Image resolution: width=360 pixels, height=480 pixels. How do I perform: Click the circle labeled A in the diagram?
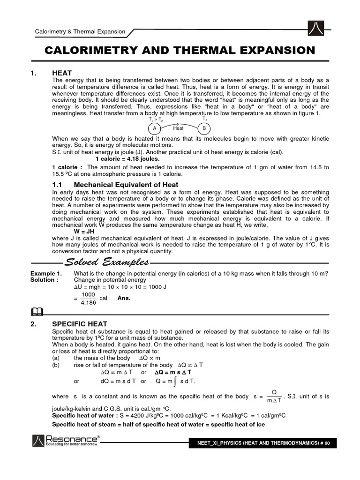tap(154, 128)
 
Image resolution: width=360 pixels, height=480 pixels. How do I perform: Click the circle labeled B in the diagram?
tap(204, 128)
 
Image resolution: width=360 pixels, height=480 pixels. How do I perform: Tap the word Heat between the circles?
tap(178, 128)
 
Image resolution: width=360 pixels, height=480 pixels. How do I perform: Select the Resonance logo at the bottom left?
tap(65, 441)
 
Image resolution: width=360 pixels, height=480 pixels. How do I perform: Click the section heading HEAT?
tap(62, 74)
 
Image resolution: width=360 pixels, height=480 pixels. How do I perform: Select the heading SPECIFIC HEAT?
tap(80, 324)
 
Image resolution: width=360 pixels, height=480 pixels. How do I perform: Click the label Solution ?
tap(45, 280)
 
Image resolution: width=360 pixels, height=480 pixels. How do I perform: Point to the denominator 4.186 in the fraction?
tap(88, 303)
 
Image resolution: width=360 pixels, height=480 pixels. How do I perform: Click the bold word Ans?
tap(124, 298)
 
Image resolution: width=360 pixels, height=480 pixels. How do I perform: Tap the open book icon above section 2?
tap(38, 311)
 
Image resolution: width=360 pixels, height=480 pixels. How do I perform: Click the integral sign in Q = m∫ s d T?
tap(174, 381)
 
